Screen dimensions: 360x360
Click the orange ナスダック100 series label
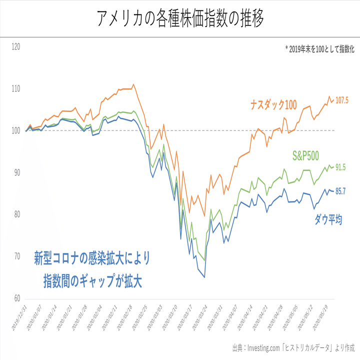tap(273, 105)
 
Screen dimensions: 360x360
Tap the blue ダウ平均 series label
tap(328, 219)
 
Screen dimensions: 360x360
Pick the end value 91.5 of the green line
tap(341, 167)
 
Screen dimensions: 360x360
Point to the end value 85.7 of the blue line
tap(341, 191)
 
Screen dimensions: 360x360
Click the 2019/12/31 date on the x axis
tap(18, 317)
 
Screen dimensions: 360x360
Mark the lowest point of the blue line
tap(204, 277)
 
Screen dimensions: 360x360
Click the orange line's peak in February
tap(133, 84)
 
